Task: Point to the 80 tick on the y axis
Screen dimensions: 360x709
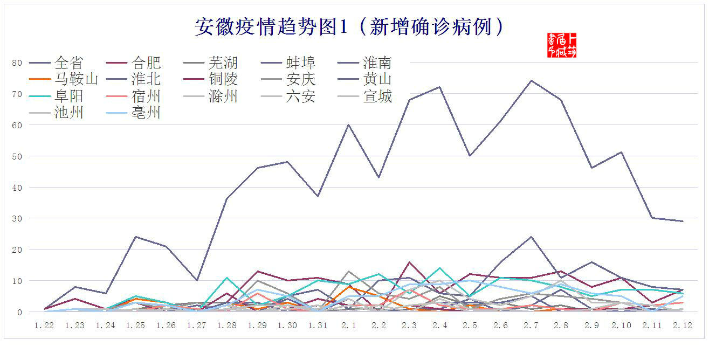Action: [17, 63]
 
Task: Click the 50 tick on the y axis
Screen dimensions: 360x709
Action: [17, 156]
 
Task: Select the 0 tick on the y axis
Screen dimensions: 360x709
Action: [19, 312]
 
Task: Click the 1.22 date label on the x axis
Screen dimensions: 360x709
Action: [44, 326]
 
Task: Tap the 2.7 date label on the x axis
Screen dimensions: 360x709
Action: [531, 326]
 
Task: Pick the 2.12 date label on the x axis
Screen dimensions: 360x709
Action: [683, 326]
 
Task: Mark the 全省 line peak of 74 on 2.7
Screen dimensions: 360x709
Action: [531, 81]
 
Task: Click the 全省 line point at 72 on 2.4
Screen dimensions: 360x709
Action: [439, 87]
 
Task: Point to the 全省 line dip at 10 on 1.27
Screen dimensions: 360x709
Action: [196, 280]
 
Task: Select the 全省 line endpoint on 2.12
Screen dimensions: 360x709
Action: [683, 221]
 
